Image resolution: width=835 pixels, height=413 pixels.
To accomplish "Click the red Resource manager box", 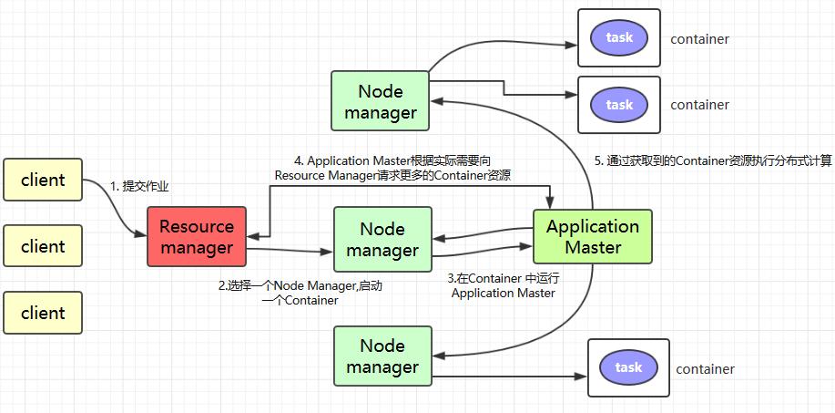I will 197,236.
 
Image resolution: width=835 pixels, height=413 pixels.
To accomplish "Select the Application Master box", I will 593,236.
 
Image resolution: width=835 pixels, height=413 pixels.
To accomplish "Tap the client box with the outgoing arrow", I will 43,180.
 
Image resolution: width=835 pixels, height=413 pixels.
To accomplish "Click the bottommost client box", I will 43,313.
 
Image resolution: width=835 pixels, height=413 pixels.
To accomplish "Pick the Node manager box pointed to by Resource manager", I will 382,238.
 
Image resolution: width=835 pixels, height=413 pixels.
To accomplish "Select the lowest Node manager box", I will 382,356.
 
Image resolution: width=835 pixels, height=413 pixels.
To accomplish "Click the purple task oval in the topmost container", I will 619,38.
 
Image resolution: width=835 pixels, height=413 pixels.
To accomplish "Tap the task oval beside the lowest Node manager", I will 628,367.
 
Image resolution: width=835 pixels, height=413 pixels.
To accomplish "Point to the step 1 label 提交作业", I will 139,186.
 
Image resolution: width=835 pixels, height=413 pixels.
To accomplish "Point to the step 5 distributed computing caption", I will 713,160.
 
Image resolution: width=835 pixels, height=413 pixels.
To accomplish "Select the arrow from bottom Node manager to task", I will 510,374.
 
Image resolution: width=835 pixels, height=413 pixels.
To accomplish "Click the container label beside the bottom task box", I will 705,369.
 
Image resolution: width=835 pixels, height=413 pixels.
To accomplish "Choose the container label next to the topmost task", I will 699,39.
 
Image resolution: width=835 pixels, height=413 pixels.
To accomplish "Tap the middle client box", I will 43,246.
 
